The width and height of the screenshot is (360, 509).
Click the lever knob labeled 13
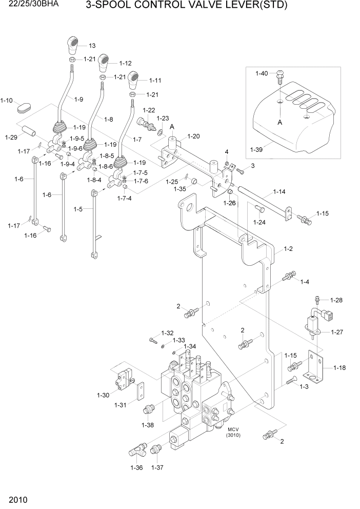[73, 45]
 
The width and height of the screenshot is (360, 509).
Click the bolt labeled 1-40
[279, 77]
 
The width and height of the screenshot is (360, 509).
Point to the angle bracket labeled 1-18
[314, 367]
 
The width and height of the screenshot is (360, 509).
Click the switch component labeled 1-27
[313, 323]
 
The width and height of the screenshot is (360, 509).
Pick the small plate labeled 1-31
[140, 392]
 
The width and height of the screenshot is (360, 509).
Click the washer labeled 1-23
[161, 133]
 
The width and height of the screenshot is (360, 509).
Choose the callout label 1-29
[11, 137]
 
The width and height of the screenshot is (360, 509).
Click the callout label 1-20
[194, 136]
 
